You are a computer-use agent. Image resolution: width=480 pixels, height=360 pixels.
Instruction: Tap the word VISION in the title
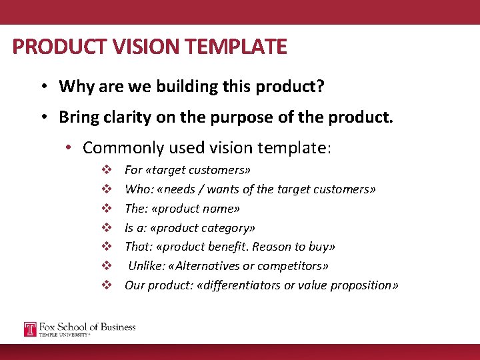click(x=129, y=47)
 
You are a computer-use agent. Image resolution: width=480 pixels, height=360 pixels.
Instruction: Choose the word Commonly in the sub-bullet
click(x=123, y=147)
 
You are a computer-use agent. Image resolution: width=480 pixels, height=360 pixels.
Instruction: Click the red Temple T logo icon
click(x=30, y=329)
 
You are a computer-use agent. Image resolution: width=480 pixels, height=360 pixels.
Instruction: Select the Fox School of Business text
click(x=87, y=327)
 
